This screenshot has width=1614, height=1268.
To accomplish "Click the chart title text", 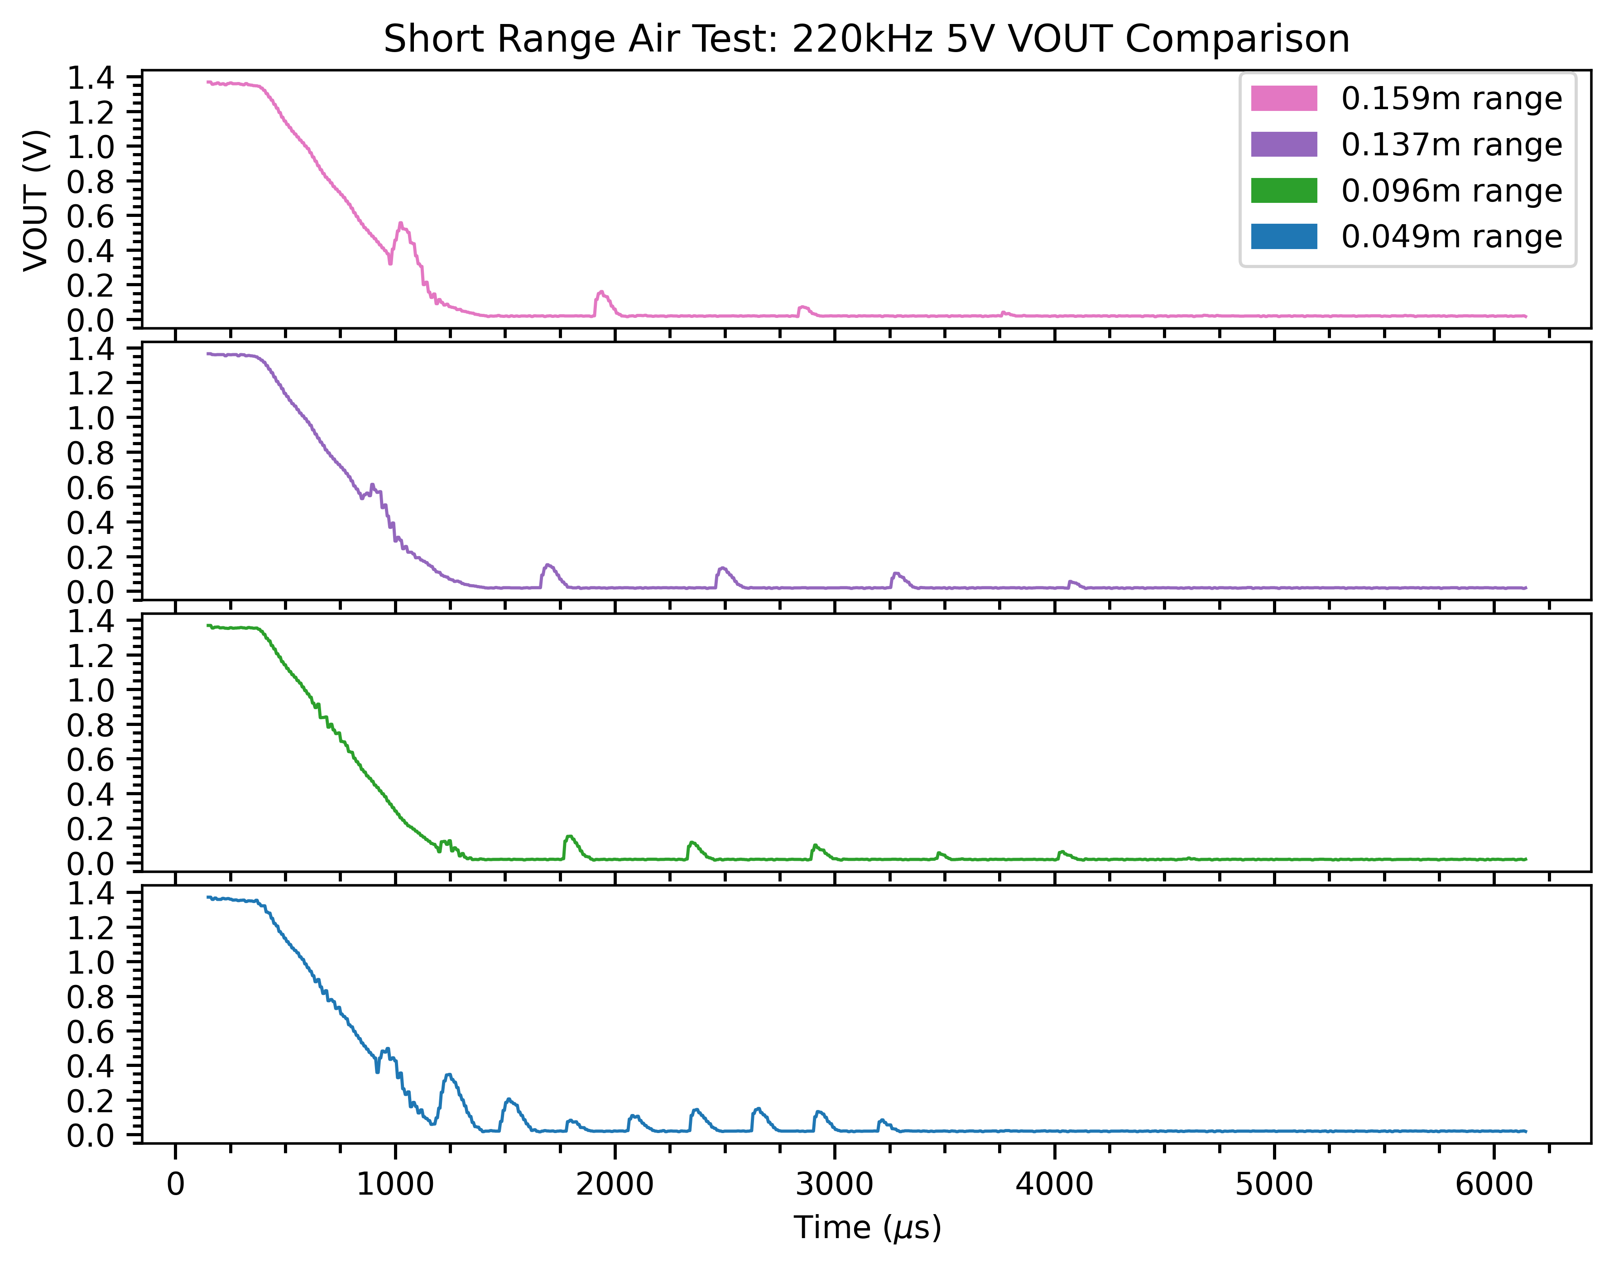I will pos(866,38).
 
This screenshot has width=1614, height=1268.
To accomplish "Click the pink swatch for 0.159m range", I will pos(1283,98).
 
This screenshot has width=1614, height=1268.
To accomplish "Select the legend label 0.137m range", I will pos(1451,145).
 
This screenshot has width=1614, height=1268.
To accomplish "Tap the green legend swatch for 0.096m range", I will pos(1283,191).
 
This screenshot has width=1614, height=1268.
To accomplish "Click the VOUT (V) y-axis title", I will pos(36,201).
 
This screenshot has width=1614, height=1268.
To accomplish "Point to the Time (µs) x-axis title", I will pos(867,1227).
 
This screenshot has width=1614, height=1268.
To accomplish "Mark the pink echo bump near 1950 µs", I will pos(600,293).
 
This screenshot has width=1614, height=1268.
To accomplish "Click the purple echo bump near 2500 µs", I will pos(722,569).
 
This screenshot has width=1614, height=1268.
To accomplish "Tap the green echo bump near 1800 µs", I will pos(569,837).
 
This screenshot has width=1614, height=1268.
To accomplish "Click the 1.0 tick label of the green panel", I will pos(91,690).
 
